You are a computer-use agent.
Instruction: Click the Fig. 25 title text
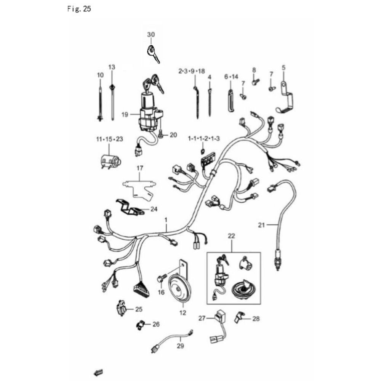tap(79, 9)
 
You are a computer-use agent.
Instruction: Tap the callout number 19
tap(125, 114)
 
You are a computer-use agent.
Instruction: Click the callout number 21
tap(261, 225)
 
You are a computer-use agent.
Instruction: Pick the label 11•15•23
tap(110, 139)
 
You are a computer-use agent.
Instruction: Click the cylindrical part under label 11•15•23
tap(111, 161)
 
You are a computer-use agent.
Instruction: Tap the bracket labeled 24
tap(130, 208)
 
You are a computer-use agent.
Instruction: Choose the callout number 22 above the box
tap(231, 236)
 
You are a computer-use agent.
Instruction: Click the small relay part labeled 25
tap(122, 308)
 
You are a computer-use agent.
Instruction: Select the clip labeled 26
tap(141, 325)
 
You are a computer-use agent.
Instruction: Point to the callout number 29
tap(180, 346)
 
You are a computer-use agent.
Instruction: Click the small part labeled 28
tap(239, 317)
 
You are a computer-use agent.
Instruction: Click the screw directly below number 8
tap(255, 82)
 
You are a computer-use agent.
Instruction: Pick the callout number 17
tap(140, 168)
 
